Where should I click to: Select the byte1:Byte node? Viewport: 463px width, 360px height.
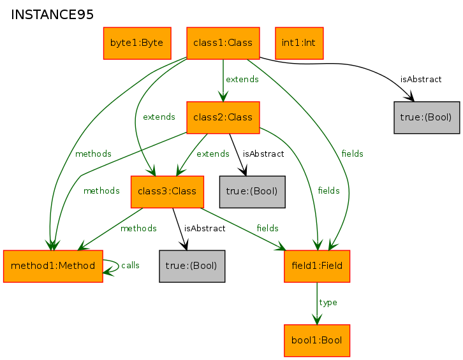(x=136, y=43)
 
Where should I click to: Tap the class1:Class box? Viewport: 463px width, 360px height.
(x=223, y=43)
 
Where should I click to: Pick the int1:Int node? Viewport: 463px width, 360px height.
(x=298, y=43)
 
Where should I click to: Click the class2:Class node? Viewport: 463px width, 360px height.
(x=223, y=117)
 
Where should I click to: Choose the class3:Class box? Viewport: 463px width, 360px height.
(x=166, y=192)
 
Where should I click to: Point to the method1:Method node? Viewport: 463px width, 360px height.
(x=53, y=266)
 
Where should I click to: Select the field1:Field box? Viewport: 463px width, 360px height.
(x=317, y=266)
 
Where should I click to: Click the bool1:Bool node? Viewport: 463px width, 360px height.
(x=317, y=340)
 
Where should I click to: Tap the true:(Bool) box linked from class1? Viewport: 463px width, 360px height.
(x=426, y=117)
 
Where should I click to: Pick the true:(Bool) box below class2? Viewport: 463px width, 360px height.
(x=252, y=192)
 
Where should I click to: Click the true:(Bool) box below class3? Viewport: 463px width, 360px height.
(x=191, y=266)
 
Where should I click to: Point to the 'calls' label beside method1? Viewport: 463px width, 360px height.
(x=130, y=266)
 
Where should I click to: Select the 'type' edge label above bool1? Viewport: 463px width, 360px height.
(x=328, y=303)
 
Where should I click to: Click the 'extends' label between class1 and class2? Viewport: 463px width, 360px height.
(x=242, y=80)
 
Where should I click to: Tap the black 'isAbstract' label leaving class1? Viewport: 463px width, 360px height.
(x=421, y=80)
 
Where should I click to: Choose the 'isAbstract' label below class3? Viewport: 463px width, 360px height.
(x=205, y=229)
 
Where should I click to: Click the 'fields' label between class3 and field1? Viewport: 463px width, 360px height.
(x=267, y=228)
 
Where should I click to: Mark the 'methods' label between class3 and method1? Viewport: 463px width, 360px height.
(x=138, y=228)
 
